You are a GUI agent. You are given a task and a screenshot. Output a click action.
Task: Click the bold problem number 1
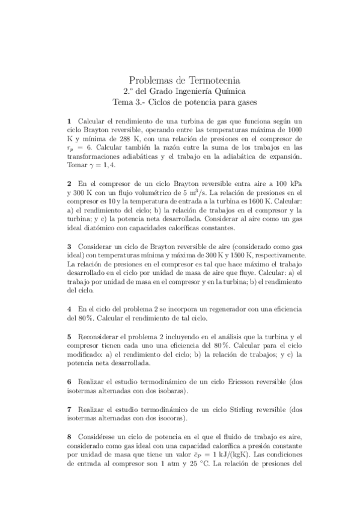pyautogui.click(x=69, y=121)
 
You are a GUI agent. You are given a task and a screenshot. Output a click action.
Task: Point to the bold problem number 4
pyautogui.click(x=69, y=309)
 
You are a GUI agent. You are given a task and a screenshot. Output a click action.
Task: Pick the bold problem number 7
pyautogui.click(x=69, y=409)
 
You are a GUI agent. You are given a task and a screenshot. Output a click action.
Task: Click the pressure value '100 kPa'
pyautogui.click(x=278, y=183)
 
